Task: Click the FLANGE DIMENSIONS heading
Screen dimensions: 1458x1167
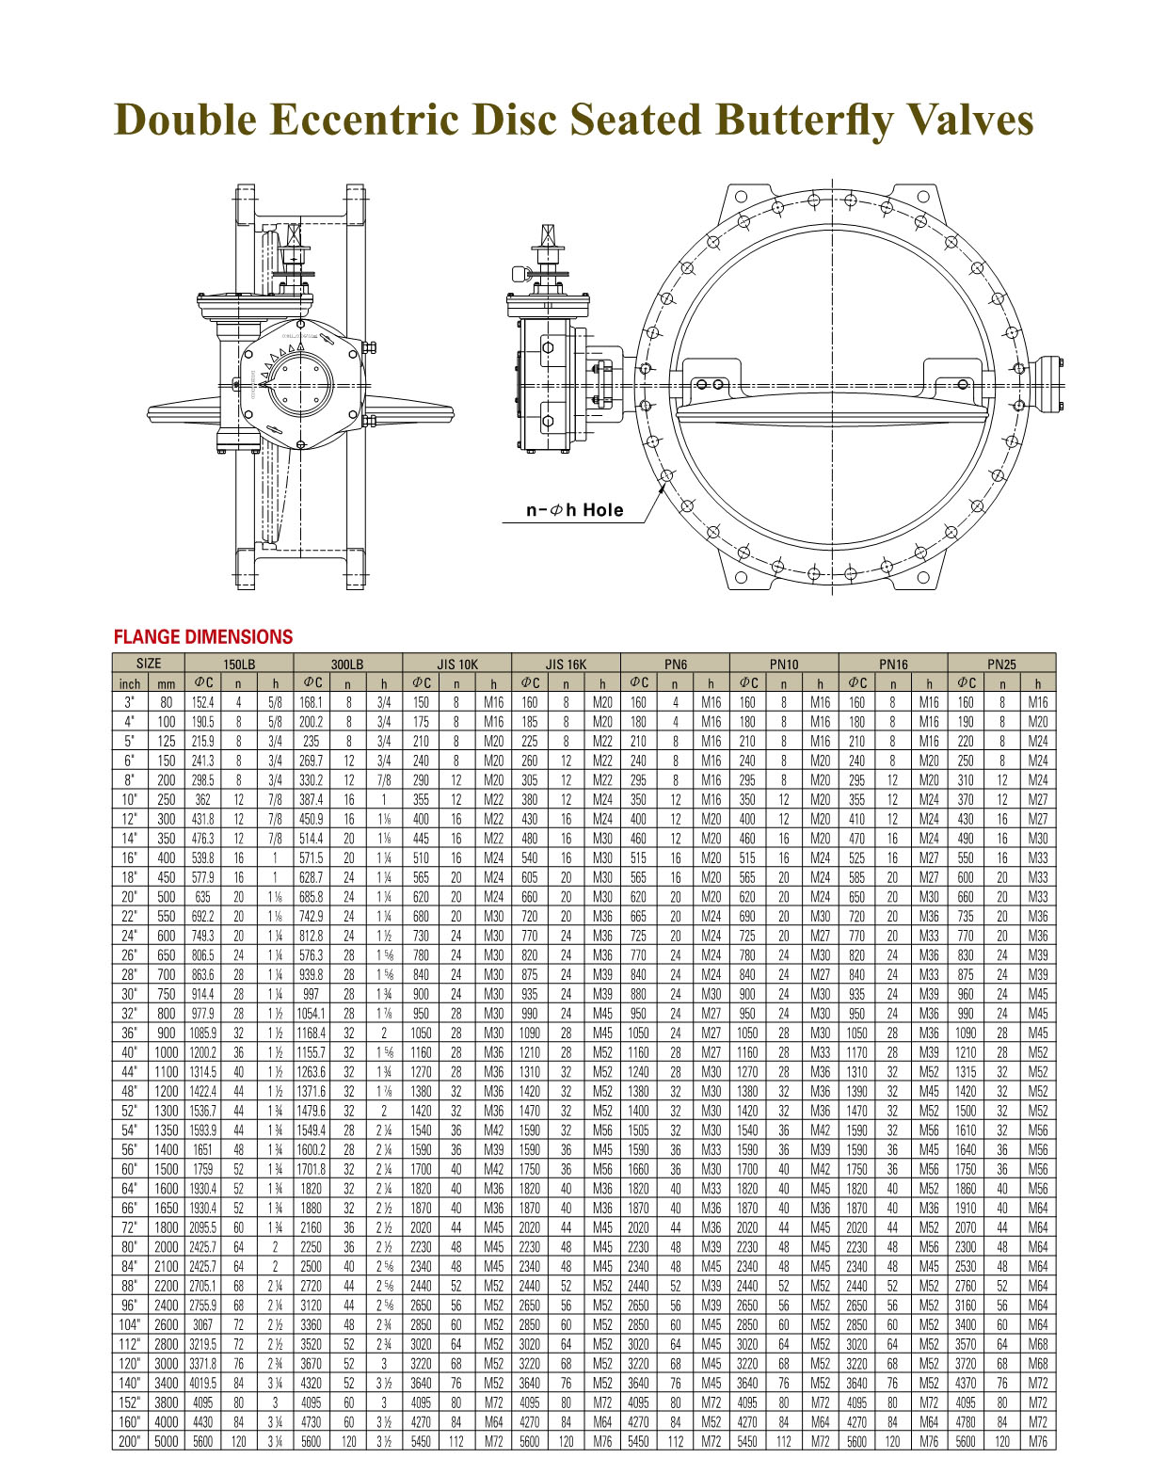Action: click(x=202, y=637)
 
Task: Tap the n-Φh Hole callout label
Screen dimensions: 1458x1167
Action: click(x=574, y=510)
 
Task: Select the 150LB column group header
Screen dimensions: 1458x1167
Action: click(x=238, y=664)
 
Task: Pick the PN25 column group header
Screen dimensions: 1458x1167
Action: click(x=1001, y=664)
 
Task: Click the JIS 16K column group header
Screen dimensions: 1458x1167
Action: click(x=566, y=664)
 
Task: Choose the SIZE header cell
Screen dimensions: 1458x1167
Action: click(x=148, y=664)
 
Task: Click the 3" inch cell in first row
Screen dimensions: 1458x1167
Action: click(x=129, y=702)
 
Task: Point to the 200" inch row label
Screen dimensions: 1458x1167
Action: click(x=129, y=1441)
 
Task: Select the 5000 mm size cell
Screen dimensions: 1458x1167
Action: click(x=166, y=1441)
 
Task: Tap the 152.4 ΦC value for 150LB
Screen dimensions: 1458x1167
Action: click(x=202, y=702)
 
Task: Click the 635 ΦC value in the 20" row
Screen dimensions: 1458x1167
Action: click(x=202, y=897)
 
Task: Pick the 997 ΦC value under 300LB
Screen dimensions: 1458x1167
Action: click(x=312, y=994)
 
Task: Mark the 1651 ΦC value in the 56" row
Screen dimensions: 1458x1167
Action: click(x=202, y=1149)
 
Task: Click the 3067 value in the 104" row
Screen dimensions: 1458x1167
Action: click(x=202, y=1324)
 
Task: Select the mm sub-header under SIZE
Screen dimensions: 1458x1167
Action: click(x=166, y=683)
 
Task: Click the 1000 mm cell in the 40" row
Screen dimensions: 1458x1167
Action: click(x=166, y=1052)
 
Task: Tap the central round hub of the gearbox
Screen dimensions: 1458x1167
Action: click(x=302, y=386)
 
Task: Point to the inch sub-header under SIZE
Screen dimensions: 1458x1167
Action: click(x=129, y=683)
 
